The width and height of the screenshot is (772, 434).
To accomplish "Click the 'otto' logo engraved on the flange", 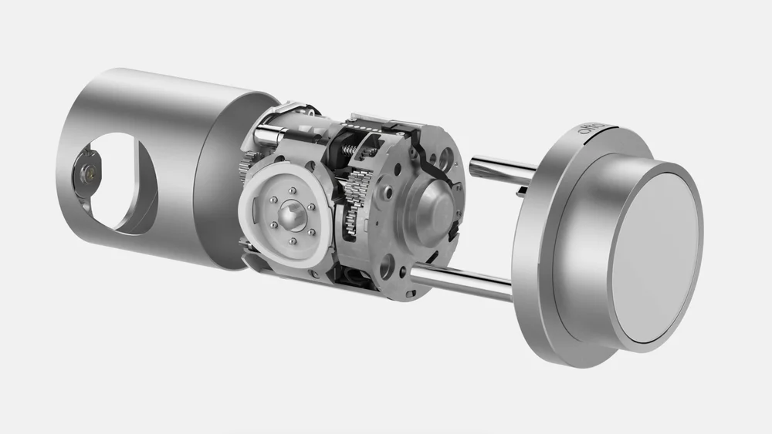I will [x=593, y=136].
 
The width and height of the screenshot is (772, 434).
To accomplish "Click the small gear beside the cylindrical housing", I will [x=245, y=166].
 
